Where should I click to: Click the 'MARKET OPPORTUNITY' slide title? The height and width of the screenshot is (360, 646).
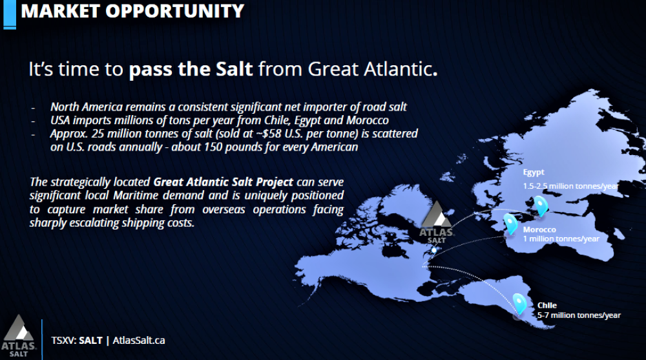click(132, 11)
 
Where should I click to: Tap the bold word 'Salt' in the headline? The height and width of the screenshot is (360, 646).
click(234, 69)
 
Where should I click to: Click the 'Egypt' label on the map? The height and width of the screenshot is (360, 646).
click(534, 173)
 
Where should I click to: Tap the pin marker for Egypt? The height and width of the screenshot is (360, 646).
click(540, 206)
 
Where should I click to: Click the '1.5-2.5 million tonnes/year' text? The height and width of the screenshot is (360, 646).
click(570, 186)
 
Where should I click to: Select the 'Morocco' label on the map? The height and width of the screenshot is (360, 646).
click(539, 229)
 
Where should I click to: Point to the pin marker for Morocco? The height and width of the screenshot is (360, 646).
click(511, 224)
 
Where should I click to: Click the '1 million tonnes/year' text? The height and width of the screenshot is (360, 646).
click(561, 238)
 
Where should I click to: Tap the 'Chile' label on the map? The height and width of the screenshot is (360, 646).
click(547, 305)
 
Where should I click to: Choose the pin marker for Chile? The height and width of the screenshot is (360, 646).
click(519, 304)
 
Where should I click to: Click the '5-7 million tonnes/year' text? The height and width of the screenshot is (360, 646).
click(578, 315)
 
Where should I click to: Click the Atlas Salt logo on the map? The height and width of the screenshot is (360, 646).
click(437, 223)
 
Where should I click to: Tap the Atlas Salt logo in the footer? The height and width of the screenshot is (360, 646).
click(19, 335)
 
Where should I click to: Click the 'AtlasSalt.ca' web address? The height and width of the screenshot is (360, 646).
click(139, 340)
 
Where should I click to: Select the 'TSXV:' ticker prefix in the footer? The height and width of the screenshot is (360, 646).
click(64, 340)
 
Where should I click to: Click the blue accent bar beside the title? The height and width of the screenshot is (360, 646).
click(10, 14)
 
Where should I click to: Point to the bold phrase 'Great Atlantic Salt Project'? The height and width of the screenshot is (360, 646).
click(223, 182)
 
